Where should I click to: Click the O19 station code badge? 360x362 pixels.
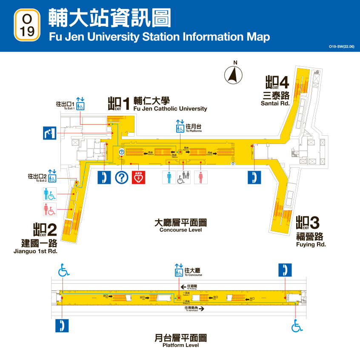[x=27, y=25]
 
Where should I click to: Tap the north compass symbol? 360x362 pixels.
[x=234, y=75]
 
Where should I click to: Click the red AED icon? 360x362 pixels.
[x=138, y=177]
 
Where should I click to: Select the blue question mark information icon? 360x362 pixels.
[x=122, y=177]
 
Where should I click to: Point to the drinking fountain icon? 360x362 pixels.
[x=49, y=133]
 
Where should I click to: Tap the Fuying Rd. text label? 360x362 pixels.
[x=311, y=245]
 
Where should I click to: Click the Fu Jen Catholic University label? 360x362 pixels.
[x=170, y=108]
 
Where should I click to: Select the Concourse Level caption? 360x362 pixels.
[x=180, y=230]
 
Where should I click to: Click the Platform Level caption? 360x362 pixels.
[x=180, y=345]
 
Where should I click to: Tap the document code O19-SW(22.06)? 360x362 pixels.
[x=341, y=46]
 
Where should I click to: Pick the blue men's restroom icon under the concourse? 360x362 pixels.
[x=169, y=177]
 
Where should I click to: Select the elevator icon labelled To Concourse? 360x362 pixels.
[x=179, y=270]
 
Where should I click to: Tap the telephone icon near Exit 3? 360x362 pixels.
[x=254, y=177]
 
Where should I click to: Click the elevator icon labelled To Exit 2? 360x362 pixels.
[x=52, y=178]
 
